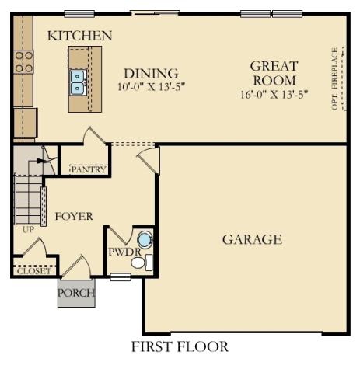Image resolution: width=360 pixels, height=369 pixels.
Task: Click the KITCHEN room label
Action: [x=79, y=36]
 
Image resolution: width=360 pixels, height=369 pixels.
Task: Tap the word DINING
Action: [x=152, y=73]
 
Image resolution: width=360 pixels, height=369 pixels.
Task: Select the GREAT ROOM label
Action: [x=274, y=73]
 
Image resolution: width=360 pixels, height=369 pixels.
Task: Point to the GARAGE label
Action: [x=252, y=239]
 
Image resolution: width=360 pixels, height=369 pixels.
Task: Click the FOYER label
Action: [x=73, y=216]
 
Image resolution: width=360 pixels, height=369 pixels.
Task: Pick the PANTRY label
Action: [x=88, y=169]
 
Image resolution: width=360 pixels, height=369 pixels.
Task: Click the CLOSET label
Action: [x=33, y=271]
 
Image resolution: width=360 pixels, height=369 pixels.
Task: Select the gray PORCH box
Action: [x=76, y=293]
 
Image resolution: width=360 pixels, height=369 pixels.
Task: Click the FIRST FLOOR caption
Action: [x=180, y=346]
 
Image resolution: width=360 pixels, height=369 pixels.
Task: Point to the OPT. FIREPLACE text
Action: [x=335, y=78]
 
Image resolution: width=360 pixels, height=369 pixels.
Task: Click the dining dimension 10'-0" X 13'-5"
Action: [x=151, y=87]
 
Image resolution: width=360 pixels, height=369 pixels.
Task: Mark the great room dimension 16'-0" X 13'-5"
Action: [x=274, y=95]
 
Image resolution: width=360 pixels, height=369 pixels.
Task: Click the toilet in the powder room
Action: [x=140, y=263]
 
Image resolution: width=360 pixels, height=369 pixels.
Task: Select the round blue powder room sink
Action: [x=145, y=239]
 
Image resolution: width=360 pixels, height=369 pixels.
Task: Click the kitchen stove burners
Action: [x=23, y=61]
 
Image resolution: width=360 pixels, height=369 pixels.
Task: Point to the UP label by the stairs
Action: [x=28, y=231]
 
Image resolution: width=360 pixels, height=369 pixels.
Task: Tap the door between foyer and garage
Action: [x=149, y=160]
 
